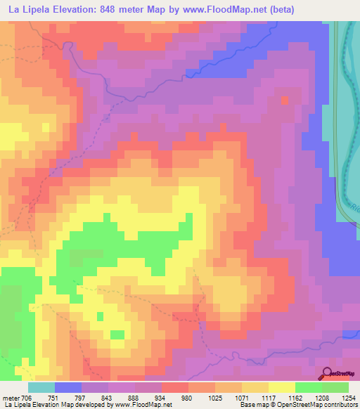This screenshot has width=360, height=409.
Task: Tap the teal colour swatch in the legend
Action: point(41,387)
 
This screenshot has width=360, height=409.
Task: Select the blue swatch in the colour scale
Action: point(68,387)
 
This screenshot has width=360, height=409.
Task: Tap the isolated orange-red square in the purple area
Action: point(285,100)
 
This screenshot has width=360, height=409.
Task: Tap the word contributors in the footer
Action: point(341,405)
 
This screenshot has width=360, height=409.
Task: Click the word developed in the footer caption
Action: point(97,405)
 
